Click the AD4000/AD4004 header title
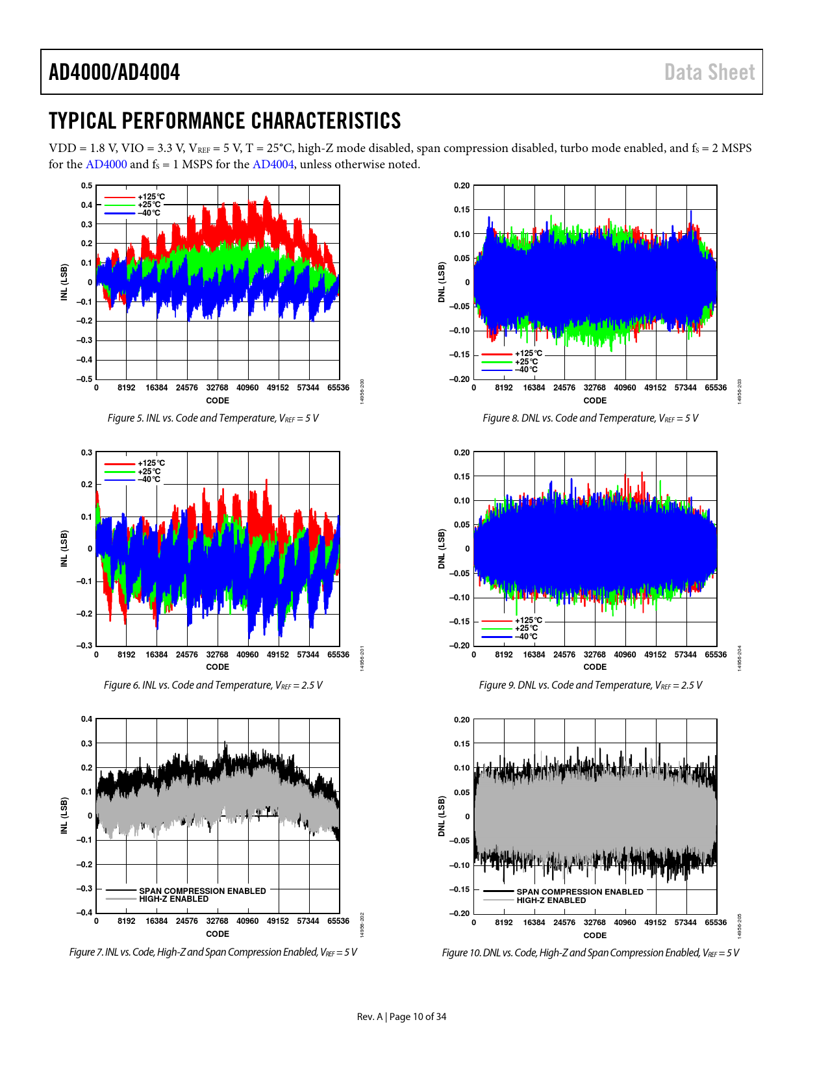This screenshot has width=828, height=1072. [x=114, y=72]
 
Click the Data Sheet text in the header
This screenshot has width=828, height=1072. [x=709, y=72]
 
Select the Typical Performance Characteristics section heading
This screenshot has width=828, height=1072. [x=225, y=121]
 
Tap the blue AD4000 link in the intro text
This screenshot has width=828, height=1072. [x=106, y=164]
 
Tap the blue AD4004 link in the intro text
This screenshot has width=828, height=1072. [x=273, y=164]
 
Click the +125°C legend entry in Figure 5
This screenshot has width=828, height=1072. [x=151, y=197]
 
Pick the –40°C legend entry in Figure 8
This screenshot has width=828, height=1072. [x=526, y=370]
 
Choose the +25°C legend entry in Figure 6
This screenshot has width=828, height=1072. [x=149, y=472]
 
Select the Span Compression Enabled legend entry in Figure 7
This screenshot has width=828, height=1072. [x=202, y=891]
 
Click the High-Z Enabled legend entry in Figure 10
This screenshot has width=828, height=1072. [x=551, y=900]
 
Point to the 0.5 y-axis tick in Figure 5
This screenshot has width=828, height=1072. [x=86, y=186]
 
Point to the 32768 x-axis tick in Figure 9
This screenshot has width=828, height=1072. [x=594, y=655]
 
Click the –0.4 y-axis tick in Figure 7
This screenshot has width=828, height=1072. [x=85, y=912]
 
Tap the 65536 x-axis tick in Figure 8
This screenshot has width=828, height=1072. [x=716, y=388]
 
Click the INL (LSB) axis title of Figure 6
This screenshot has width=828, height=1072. [x=64, y=548]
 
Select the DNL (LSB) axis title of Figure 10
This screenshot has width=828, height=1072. [x=442, y=816]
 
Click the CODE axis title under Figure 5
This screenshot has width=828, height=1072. [x=218, y=401]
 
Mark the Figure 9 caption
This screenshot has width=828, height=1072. [x=590, y=685]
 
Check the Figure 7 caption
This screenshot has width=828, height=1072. [x=213, y=952]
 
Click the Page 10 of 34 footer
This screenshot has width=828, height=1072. [x=401, y=1017]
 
